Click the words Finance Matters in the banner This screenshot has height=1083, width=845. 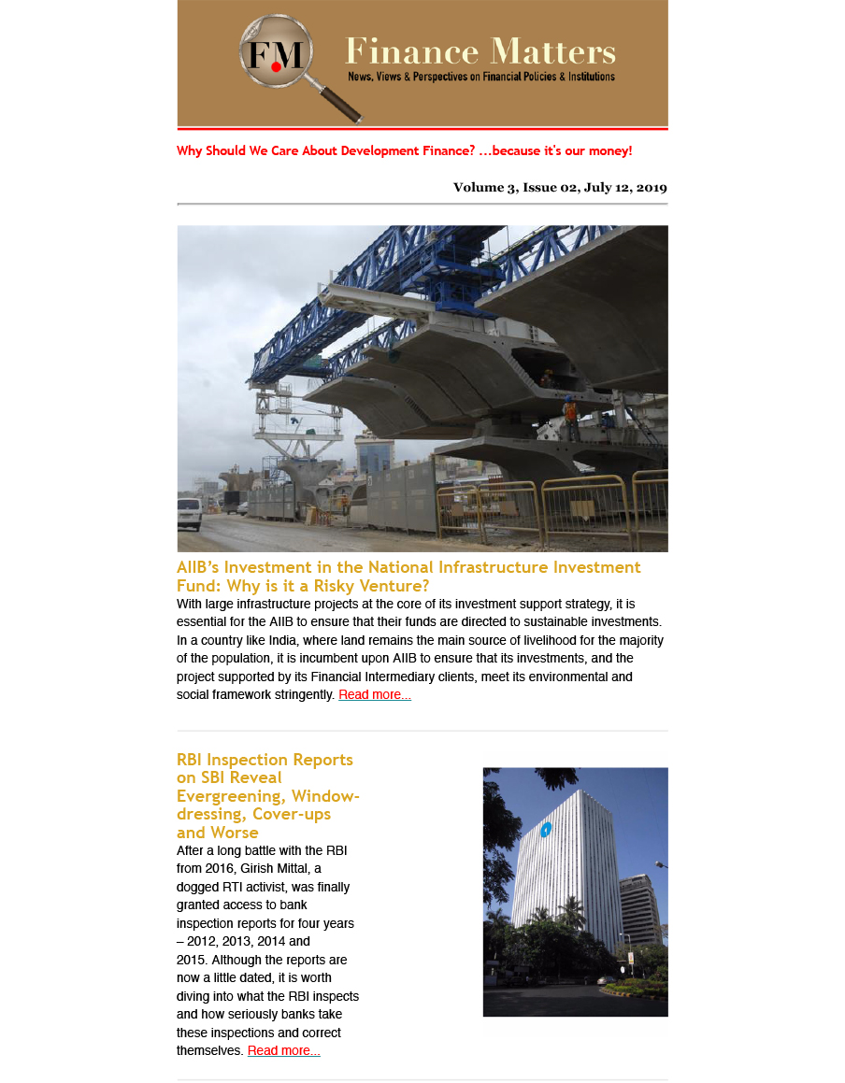480,50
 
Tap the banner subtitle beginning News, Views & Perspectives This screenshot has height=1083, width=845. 481,77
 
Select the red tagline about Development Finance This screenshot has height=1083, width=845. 404,150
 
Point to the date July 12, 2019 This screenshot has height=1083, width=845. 625,187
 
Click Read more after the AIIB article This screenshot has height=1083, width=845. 375,695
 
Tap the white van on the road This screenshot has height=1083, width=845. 189,514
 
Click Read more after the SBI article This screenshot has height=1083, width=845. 284,1051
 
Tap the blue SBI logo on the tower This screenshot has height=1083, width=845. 546,829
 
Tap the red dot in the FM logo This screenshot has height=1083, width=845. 276,67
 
